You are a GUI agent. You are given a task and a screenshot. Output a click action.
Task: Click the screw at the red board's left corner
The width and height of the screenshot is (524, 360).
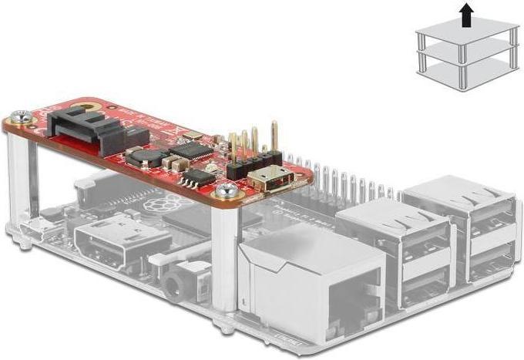pyautogui.click(x=22, y=118)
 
